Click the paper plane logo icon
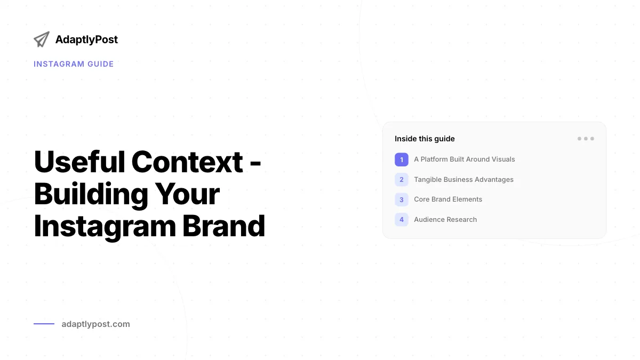point(42,39)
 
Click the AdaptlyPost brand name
point(86,39)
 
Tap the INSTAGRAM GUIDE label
point(74,64)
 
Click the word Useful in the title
point(79,162)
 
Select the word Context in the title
point(187,162)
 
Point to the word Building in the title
point(91,195)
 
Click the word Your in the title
point(187,194)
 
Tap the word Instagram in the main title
point(105,227)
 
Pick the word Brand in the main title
point(223,226)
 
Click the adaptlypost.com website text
point(95,324)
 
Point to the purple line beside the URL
point(44,324)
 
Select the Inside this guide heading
point(425,139)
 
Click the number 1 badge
point(402,159)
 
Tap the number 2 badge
point(402,179)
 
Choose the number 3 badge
point(402,199)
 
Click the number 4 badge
point(402,219)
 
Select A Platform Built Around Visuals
point(465,159)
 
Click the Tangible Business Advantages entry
point(463,179)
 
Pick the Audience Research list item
point(445,219)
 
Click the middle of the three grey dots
point(586,139)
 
